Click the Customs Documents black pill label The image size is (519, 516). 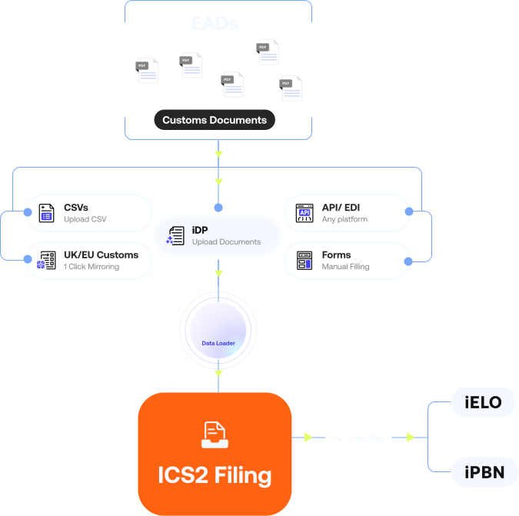215,120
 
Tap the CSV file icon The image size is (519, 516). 47,213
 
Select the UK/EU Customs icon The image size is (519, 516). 47,260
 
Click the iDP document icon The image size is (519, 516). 175,235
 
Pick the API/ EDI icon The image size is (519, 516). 305,213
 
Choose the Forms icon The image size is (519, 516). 305,260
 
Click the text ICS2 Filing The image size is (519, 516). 215,475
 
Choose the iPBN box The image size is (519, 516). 484,471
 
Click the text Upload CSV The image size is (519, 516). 85,220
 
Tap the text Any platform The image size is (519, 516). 344,220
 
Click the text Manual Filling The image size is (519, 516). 345,267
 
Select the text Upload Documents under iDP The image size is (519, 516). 226,242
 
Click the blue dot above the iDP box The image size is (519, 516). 218,208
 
